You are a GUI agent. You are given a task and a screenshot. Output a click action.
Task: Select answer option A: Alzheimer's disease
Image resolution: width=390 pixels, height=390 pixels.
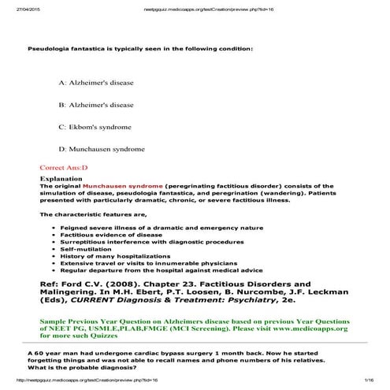click(x=95, y=82)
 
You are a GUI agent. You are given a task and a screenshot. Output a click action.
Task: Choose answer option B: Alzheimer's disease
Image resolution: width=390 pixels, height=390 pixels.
click(x=95, y=104)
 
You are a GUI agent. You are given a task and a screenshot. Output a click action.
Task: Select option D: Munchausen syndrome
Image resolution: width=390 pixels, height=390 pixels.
click(x=100, y=148)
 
